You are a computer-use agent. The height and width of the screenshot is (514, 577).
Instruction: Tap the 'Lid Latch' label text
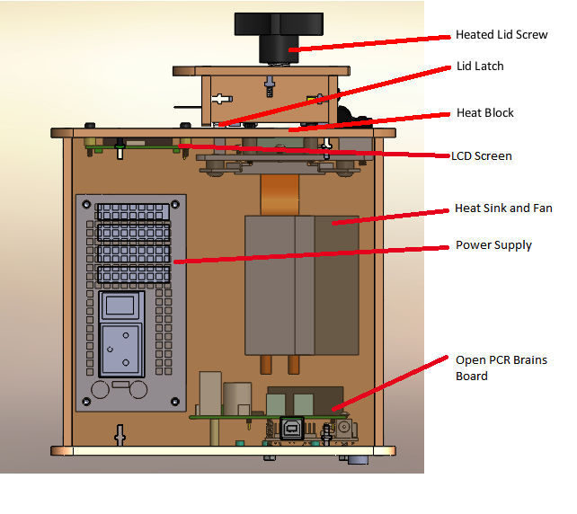pos(479,66)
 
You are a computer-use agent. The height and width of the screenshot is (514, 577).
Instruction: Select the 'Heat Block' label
pos(484,114)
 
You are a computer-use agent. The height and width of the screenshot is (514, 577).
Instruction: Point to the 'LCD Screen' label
pos(482,155)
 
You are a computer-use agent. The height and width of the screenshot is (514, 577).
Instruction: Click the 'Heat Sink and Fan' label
pos(503,208)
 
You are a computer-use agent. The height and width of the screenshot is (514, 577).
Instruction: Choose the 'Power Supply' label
pos(493,244)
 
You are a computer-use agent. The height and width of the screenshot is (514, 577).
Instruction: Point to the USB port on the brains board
pos(293,429)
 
